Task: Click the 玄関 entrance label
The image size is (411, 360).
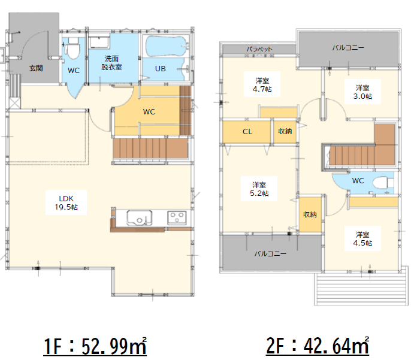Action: click(36, 68)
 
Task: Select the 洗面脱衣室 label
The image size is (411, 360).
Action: click(111, 63)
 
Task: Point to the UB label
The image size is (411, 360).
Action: click(161, 69)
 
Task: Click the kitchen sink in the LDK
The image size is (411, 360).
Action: click(139, 217)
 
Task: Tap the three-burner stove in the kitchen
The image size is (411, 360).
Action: click(177, 217)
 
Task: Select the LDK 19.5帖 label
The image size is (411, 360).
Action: click(67, 203)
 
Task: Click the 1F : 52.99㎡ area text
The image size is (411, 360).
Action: click(95, 346)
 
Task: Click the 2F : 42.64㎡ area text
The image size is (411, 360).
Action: click(318, 346)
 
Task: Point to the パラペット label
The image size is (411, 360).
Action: click(259, 49)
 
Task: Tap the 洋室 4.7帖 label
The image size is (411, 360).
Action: click(262, 85)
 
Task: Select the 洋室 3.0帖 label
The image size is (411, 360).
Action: click(362, 92)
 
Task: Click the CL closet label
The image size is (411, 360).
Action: click(247, 132)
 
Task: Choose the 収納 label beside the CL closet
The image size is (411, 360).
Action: click(285, 131)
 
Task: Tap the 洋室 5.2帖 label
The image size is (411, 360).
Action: click(259, 189)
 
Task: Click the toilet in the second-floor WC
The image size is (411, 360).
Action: click(383, 183)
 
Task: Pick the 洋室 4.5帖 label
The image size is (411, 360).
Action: click(362, 238)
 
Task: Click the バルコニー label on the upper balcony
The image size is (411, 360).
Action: click(348, 48)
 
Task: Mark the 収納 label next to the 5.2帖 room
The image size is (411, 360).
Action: click(310, 214)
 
